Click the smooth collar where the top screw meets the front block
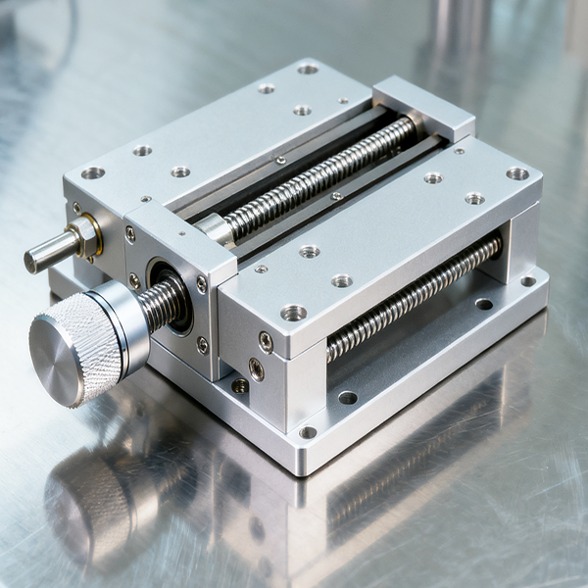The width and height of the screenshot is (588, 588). click(x=215, y=228)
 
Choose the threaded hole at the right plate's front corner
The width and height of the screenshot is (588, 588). click(x=293, y=313)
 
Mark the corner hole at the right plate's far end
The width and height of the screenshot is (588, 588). click(x=516, y=173)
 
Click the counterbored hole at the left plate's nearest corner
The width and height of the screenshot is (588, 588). click(x=93, y=172)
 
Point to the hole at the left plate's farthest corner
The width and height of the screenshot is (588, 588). click(x=308, y=69)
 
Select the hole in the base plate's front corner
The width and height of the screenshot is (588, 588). click(x=308, y=432)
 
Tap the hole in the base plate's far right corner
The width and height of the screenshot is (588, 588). click(x=528, y=281)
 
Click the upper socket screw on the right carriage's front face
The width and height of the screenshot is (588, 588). click(x=266, y=341)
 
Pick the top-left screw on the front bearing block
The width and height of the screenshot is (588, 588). click(x=130, y=234)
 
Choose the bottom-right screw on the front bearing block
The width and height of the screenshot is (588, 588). click(x=202, y=344)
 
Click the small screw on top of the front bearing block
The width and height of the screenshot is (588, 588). click(x=181, y=233)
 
